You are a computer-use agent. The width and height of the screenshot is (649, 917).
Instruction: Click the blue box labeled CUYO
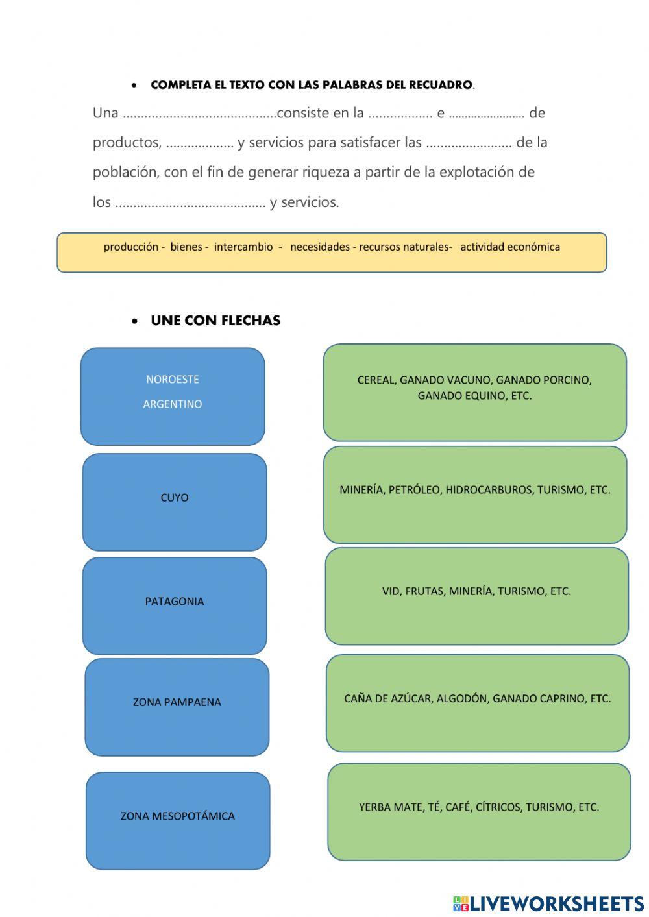pos(175,502)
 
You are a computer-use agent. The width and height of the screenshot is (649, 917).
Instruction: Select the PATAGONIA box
pos(175,605)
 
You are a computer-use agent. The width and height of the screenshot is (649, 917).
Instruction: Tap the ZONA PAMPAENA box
pos(177,707)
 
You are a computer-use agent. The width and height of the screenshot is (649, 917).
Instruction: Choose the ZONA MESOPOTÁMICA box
pos(178,820)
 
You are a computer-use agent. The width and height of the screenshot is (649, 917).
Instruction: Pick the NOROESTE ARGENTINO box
pos(173,396)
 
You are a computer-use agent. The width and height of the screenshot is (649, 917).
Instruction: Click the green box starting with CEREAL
pos(474,392)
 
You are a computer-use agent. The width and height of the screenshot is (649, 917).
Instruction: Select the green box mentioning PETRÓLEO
pos(475,494)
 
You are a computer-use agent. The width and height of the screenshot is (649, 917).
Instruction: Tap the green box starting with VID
pos(476,596)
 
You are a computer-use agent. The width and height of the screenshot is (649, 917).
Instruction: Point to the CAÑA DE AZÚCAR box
pos(477,702)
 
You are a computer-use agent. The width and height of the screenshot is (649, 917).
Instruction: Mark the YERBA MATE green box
pos(479,811)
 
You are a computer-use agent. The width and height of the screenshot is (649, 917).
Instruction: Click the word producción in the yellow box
pos(130,247)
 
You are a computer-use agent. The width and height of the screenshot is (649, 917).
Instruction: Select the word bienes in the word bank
pos(186,247)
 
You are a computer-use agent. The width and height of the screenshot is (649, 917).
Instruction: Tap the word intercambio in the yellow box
pos(243,247)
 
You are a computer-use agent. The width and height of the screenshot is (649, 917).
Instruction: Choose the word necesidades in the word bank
pos(319,247)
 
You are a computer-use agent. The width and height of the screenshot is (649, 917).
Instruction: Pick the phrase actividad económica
pos(510,247)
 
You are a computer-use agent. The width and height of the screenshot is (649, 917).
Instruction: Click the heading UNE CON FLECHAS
pos(215,321)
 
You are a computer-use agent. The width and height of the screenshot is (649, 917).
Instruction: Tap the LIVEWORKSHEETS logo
pos(548,903)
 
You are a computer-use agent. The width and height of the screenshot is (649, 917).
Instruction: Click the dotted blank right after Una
pos(199,115)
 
